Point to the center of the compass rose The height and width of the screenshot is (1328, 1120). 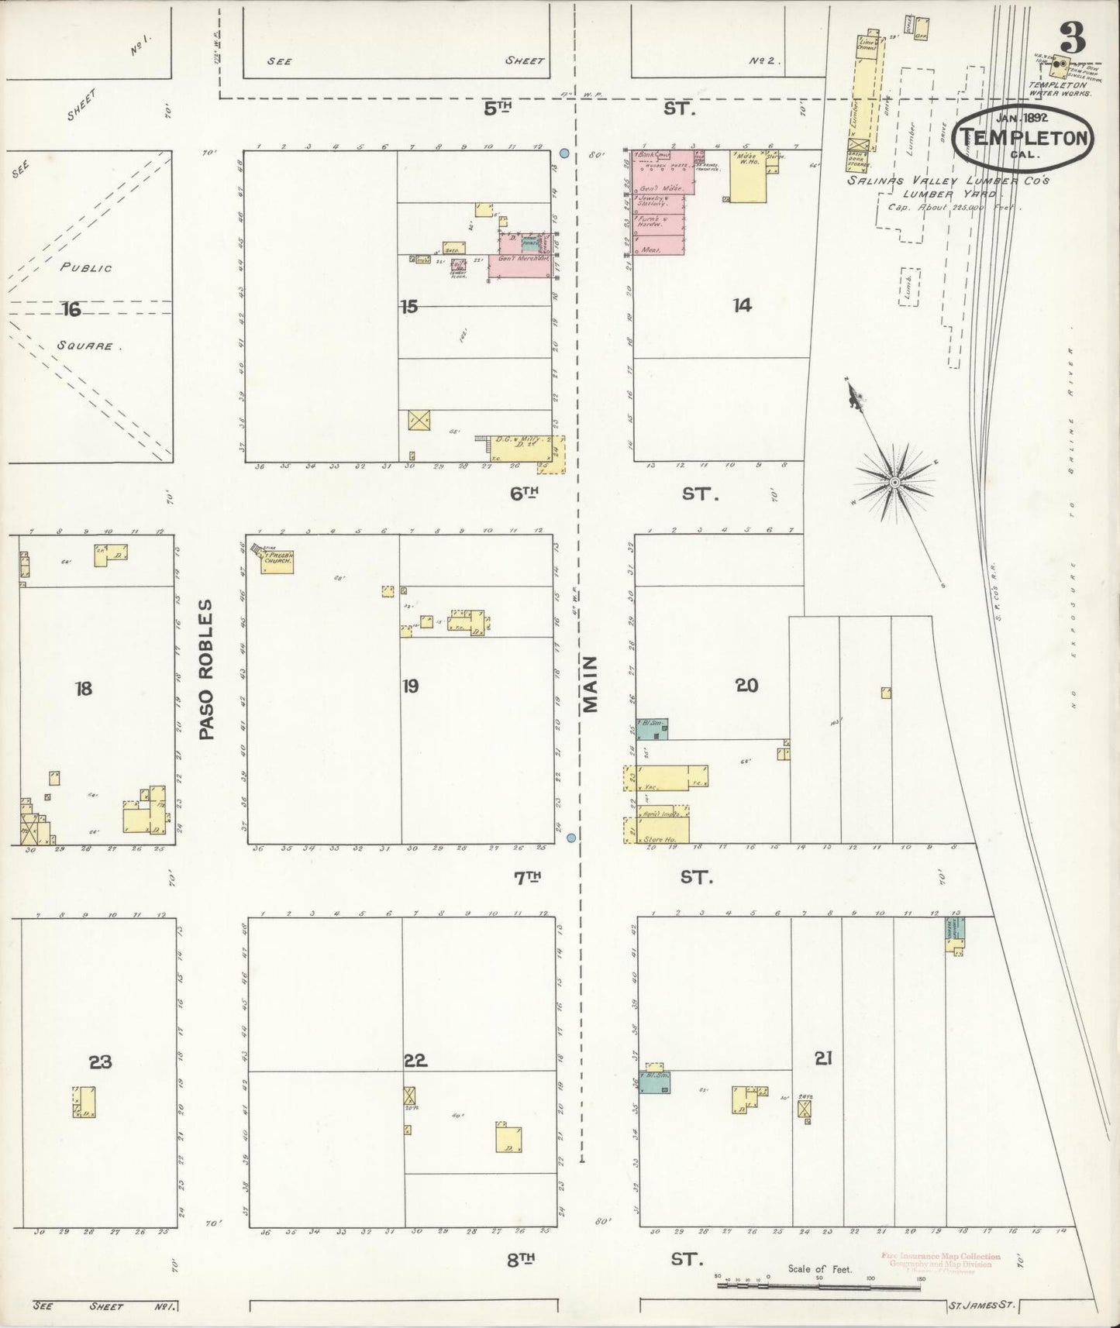(894, 482)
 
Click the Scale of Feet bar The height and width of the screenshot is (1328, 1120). (819, 1285)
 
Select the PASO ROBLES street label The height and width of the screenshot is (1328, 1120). (206, 668)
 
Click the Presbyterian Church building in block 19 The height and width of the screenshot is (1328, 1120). (277, 561)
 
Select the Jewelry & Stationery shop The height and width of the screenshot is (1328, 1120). (658, 203)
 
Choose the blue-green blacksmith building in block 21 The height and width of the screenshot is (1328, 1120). (653, 1082)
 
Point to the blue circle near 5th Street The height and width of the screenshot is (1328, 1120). (564, 153)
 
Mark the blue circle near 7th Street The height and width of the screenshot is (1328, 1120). (571, 838)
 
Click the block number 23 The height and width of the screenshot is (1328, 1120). (99, 1061)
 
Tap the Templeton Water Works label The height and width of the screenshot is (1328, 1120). (1059, 88)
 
